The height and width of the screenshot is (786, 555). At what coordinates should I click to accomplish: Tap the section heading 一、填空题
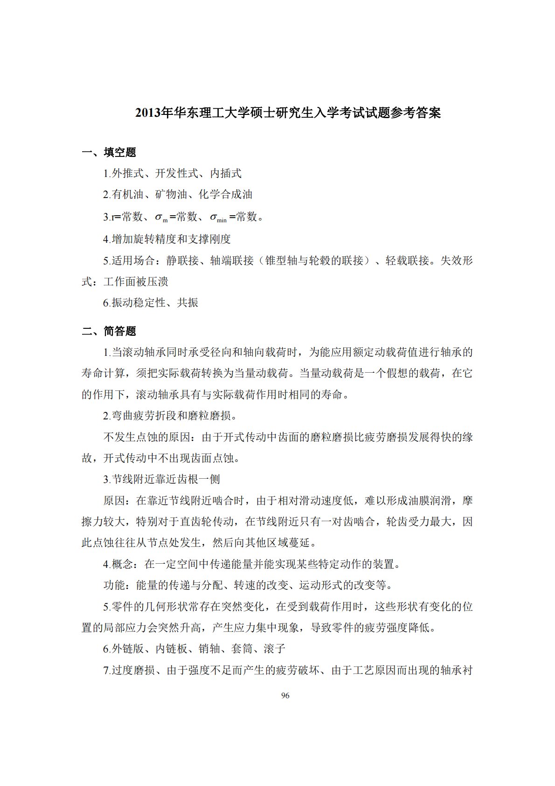(109, 152)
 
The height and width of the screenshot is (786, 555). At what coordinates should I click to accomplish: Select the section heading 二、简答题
(109, 331)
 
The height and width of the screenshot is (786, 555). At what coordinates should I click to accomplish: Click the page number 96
(285, 695)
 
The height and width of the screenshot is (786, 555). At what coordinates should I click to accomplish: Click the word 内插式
(226, 174)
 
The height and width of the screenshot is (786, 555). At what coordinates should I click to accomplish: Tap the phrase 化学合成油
(226, 195)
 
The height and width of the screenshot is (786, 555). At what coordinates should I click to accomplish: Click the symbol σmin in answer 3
(218, 217)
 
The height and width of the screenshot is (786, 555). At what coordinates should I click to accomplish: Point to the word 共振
(187, 303)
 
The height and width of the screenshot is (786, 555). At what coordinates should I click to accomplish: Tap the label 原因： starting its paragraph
(117, 501)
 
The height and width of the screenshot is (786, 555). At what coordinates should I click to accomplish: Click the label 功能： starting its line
(117, 585)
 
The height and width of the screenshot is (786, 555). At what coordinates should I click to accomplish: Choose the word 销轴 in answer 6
(209, 649)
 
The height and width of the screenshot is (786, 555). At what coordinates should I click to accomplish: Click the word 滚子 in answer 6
(275, 649)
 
